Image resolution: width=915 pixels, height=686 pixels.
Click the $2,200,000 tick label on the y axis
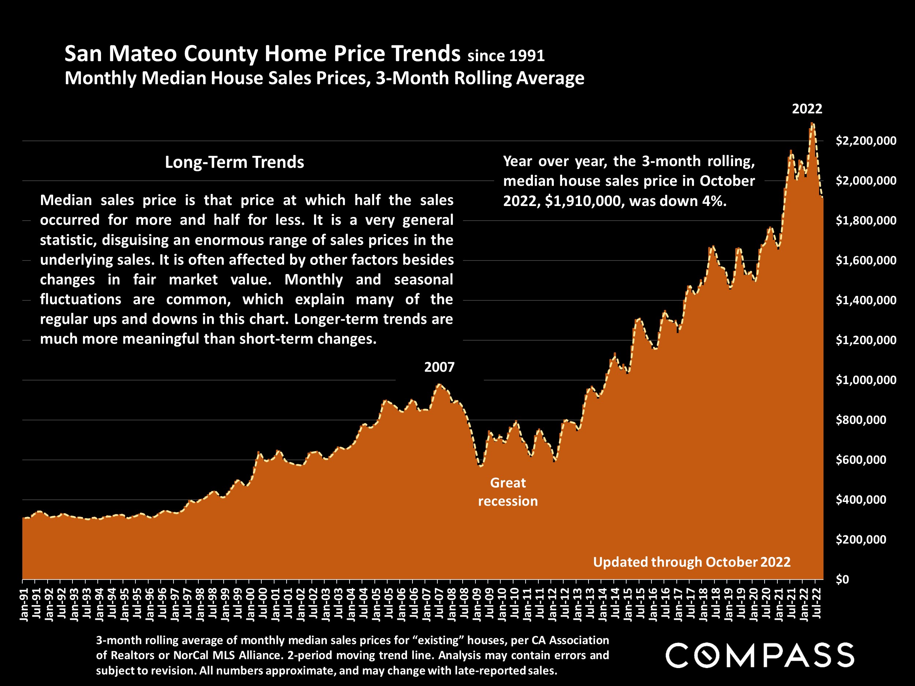pos(866,141)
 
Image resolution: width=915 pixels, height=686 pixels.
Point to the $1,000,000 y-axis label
pos(866,380)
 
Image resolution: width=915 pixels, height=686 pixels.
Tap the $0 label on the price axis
pos(842,579)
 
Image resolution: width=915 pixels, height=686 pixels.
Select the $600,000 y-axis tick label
pos(861,460)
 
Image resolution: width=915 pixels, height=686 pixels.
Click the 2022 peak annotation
pos(807,109)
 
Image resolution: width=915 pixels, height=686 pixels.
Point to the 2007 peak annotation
pos(439,367)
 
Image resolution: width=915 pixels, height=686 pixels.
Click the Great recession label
pos(508,492)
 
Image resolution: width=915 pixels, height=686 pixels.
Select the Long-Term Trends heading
pos(234,162)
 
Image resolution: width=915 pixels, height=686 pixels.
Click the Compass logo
pos(759,655)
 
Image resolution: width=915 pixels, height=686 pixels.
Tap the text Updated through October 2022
pos(692,562)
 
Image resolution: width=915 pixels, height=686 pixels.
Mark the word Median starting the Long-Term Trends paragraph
pos(66,200)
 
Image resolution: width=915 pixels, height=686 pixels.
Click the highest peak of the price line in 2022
pos(813,123)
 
